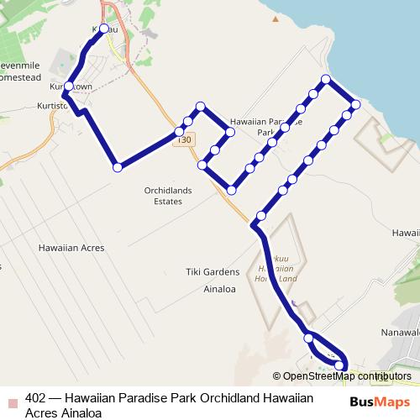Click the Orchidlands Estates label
pos(168,196)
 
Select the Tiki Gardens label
pos(213,271)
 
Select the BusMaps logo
pos(387,402)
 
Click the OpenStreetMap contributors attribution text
pos(347,376)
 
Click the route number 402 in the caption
pos(36,399)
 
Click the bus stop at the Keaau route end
pos(103,29)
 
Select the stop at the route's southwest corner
pos(118,167)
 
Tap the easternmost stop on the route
pos(355,104)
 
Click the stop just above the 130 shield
pos(179,132)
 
